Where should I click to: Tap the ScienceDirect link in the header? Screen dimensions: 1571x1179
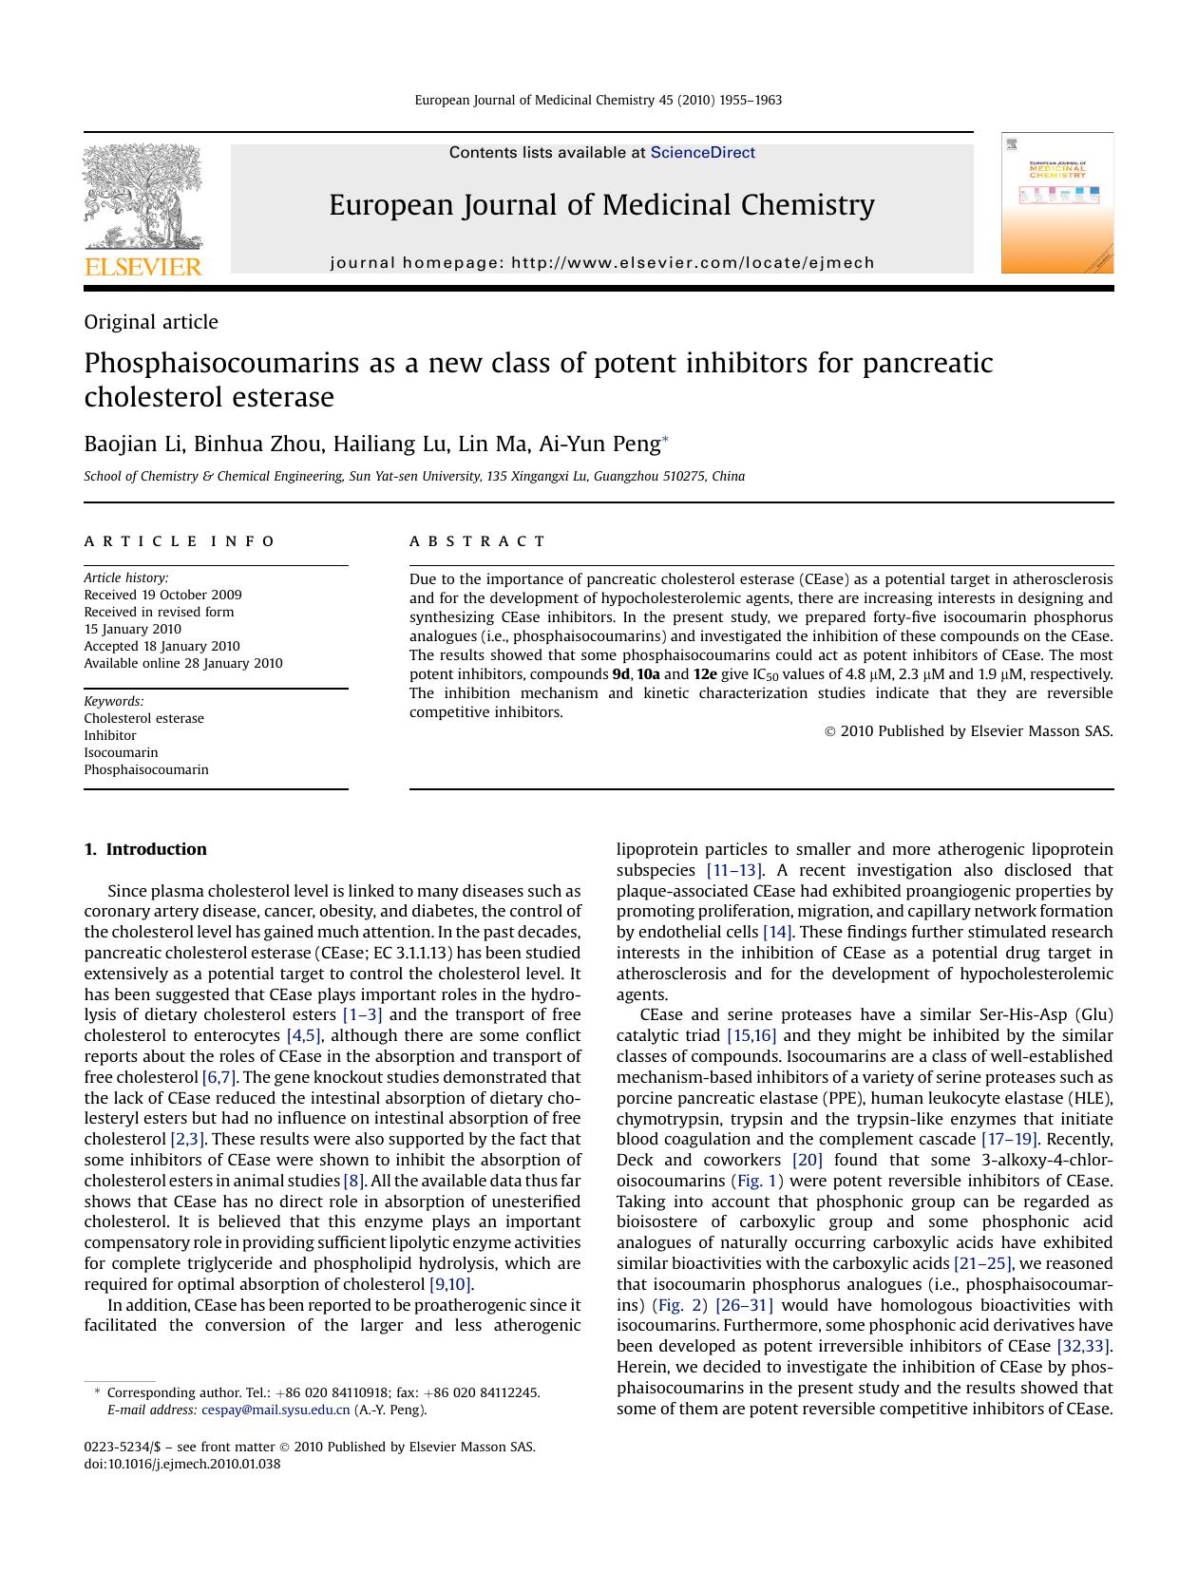[x=702, y=153]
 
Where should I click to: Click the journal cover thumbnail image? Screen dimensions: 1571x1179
[x=1056, y=203]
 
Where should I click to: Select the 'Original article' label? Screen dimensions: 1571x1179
[x=151, y=322]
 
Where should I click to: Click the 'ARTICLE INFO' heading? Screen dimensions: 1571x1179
[x=180, y=541]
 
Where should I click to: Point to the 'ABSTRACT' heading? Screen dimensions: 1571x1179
[x=478, y=541]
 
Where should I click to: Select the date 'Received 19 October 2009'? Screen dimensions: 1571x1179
[x=162, y=595]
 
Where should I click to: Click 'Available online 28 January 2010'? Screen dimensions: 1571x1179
[x=182, y=663]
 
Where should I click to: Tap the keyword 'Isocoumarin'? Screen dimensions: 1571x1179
[x=121, y=752]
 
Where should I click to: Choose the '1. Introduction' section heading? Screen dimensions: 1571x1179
[x=145, y=849]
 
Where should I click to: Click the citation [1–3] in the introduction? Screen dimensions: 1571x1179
[x=362, y=1015]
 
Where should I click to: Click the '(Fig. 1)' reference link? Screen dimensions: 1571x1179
[x=757, y=1181]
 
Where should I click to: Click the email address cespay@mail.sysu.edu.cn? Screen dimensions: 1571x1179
[x=276, y=1410]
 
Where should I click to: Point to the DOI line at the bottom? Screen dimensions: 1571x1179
[x=182, y=1464]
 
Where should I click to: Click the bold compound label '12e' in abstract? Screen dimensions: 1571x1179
[x=705, y=674]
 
